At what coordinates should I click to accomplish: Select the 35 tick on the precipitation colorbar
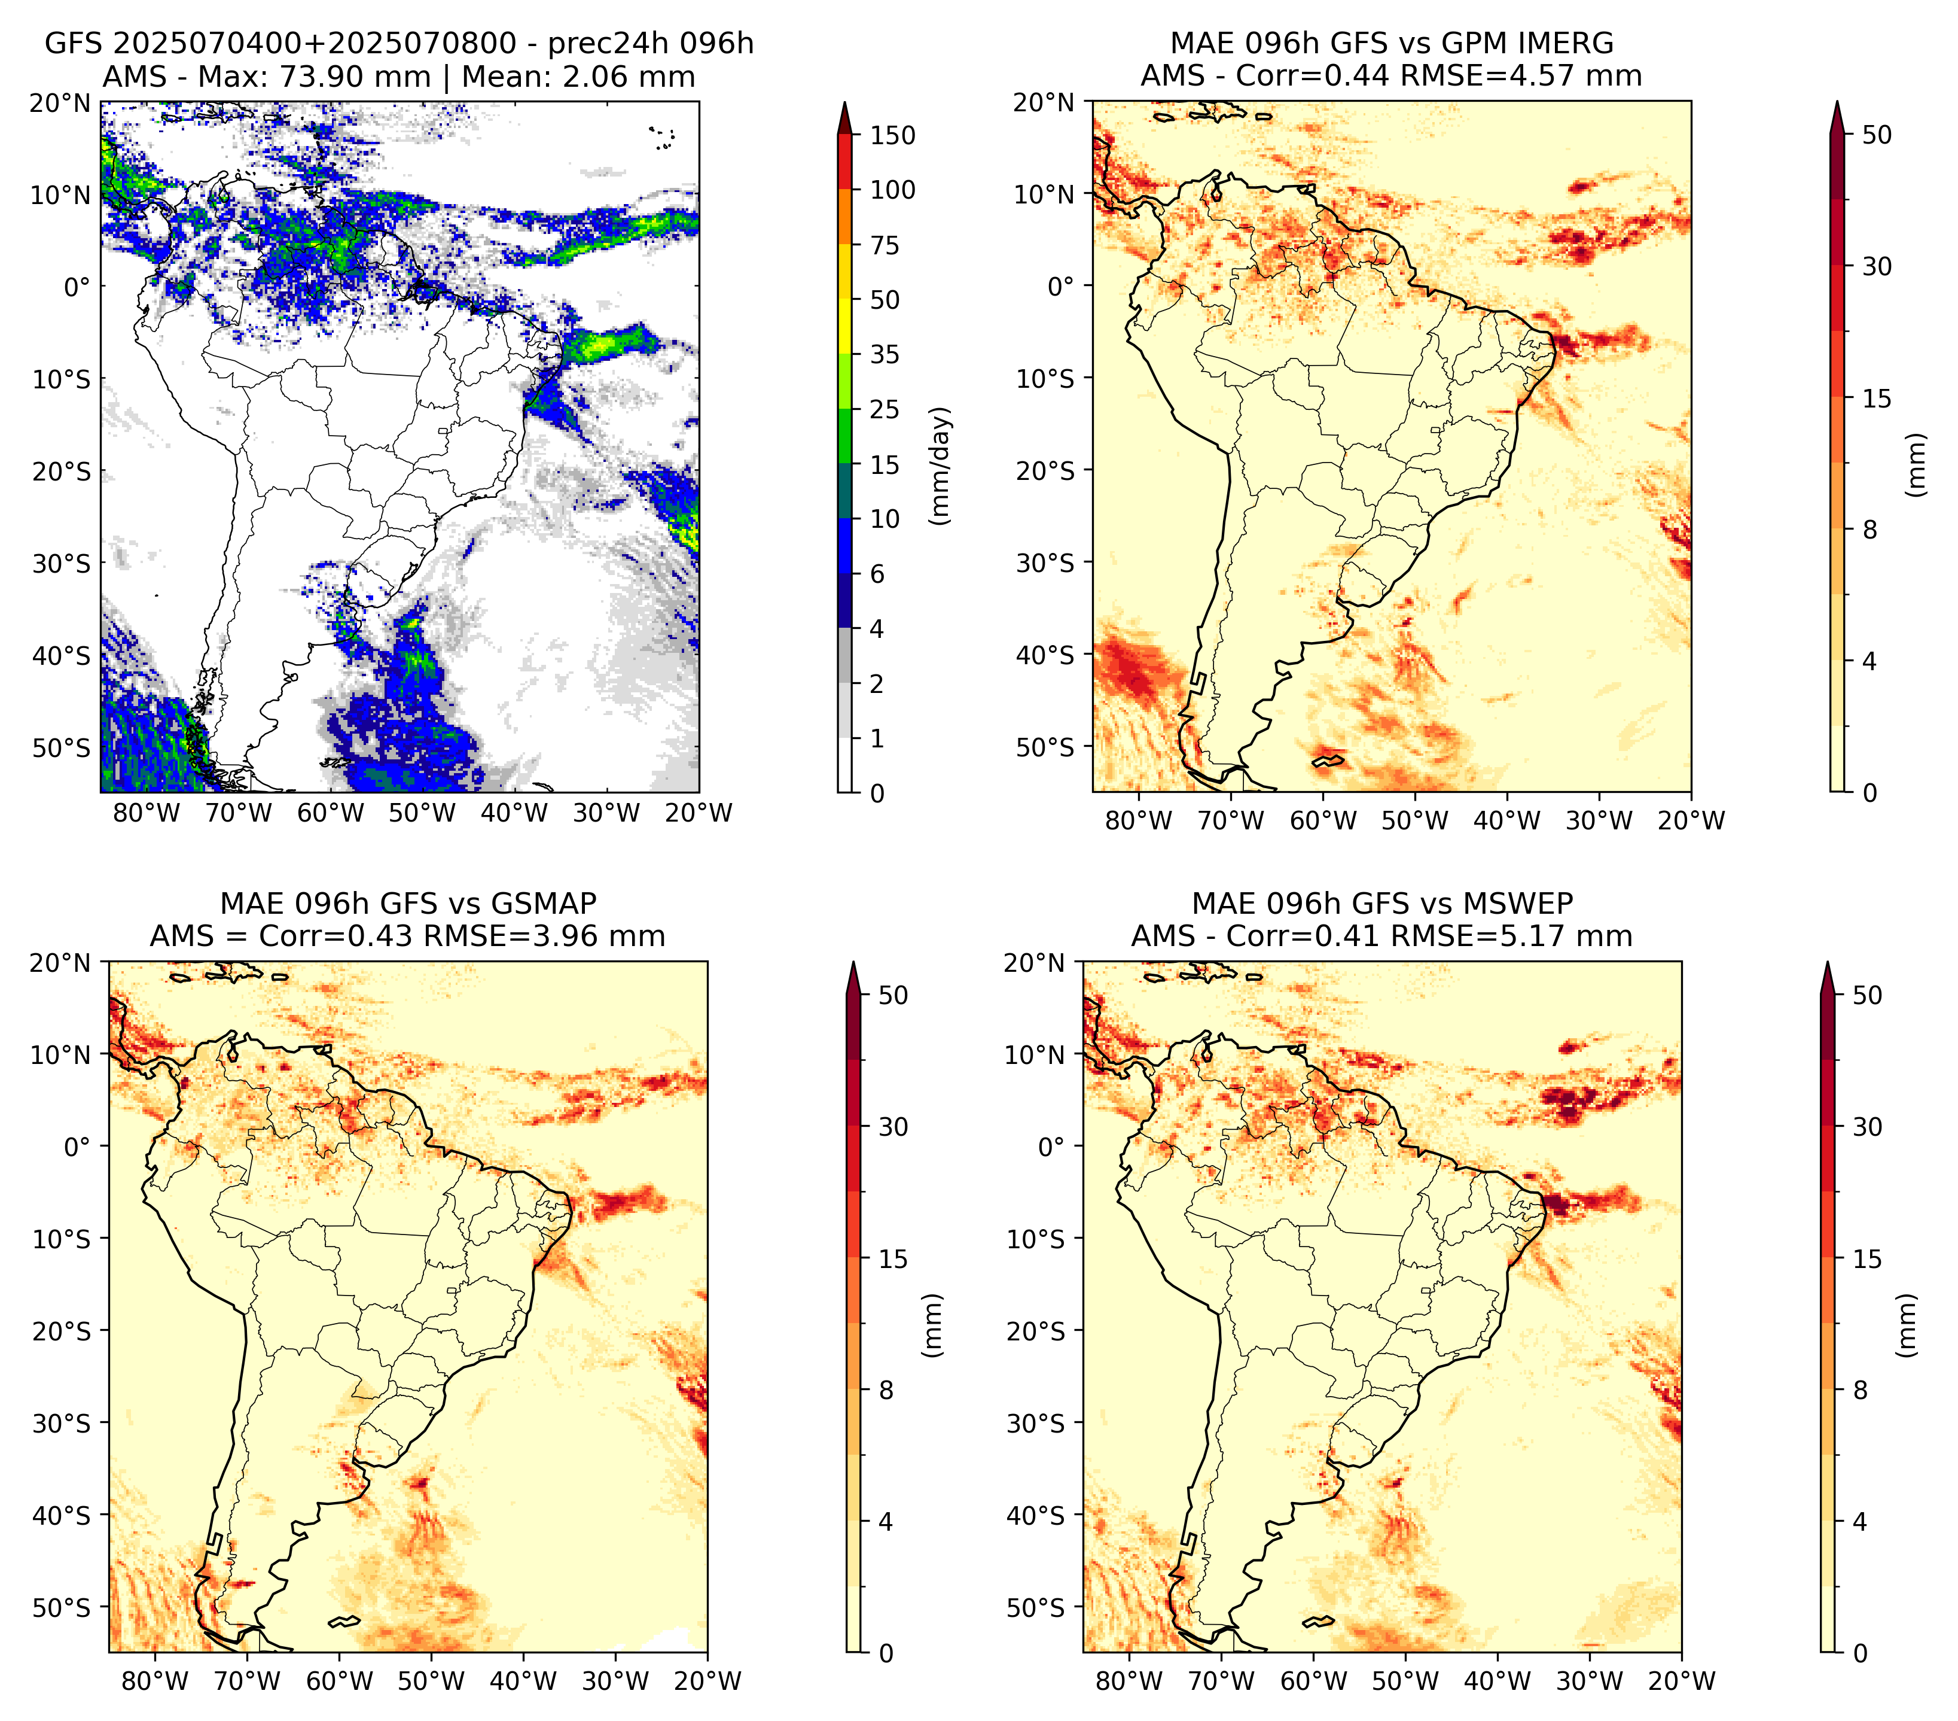pos(884,354)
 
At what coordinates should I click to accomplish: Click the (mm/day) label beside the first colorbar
pos(942,466)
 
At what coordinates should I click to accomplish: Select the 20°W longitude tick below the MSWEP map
pos(1681,1681)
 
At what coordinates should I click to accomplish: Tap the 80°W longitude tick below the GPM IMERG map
pos(1138,820)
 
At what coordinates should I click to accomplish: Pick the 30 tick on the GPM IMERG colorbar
pos(1877,266)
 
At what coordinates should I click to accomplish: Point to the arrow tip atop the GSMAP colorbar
pos(853,962)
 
